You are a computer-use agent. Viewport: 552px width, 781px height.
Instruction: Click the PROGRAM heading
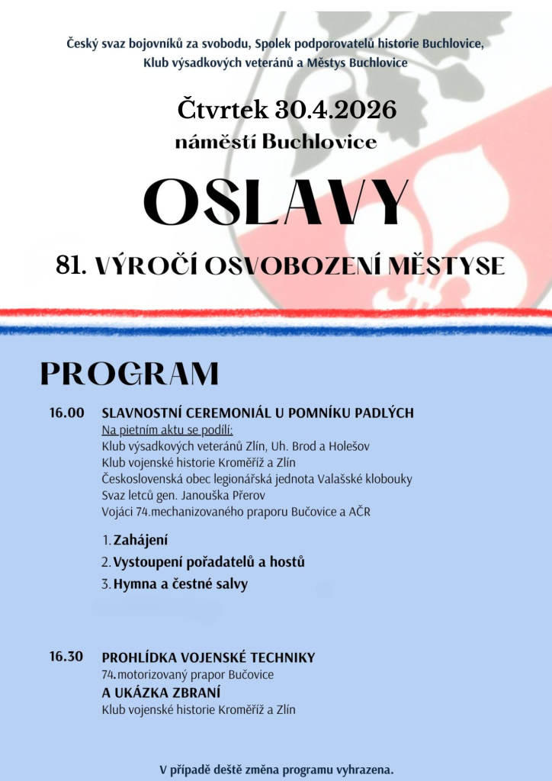coord(130,374)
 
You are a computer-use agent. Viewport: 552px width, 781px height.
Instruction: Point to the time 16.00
coord(66,413)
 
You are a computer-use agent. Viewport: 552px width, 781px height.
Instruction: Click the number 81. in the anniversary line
coord(72,265)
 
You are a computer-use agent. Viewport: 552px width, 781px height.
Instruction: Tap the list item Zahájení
coord(141,541)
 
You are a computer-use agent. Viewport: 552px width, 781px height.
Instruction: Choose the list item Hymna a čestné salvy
coord(181,584)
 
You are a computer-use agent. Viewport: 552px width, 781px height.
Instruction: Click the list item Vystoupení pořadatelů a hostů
coord(209,562)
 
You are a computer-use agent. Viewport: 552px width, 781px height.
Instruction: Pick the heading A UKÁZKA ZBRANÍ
coord(161,693)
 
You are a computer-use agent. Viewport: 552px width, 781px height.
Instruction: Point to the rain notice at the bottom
coord(276,769)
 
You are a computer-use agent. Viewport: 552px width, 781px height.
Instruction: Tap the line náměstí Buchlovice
coord(276,142)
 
